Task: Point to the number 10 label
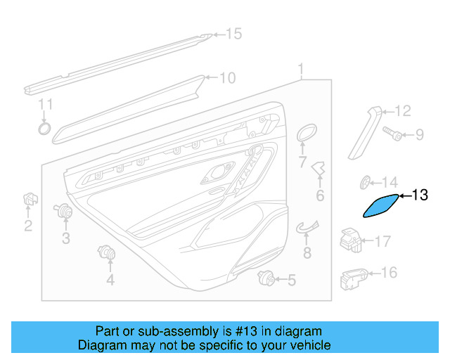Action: (227, 78)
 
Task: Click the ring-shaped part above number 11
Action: (44, 128)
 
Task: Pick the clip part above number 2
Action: (29, 199)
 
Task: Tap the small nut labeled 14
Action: (366, 183)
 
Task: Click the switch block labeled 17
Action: (352, 240)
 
